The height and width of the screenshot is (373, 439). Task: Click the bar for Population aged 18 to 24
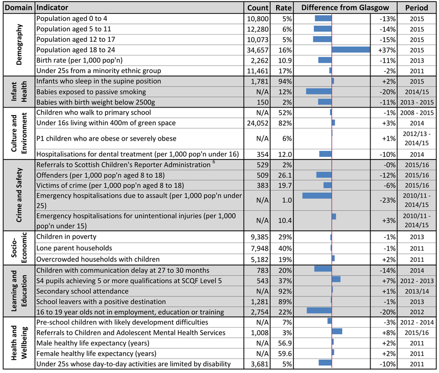(x=351, y=50)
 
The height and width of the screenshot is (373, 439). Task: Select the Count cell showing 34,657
(x=258, y=50)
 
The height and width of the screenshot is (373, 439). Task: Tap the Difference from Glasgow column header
(x=345, y=8)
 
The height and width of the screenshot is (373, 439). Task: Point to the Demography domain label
(x=19, y=44)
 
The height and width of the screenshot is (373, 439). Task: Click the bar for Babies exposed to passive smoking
(x=319, y=91)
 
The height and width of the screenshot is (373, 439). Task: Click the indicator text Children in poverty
(x=66, y=236)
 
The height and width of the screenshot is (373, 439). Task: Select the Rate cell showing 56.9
(x=285, y=343)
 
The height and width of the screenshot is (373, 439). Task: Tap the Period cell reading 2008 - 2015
(x=417, y=113)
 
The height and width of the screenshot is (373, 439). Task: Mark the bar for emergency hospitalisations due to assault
(x=317, y=196)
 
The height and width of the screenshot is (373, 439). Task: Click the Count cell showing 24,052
(x=258, y=123)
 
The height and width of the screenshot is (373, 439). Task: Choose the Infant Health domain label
(x=19, y=92)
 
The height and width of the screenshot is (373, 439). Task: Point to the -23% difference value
(x=388, y=200)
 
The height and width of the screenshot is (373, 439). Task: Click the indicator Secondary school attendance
(x=82, y=291)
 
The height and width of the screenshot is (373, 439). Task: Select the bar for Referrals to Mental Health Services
(x=337, y=331)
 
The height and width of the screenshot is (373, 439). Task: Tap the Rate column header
(x=283, y=8)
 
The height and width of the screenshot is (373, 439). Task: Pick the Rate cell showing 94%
(x=285, y=82)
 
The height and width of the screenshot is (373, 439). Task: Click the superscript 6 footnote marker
(x=214, y=162)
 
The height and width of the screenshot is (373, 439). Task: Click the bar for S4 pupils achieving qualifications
(x=336, y=279)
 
